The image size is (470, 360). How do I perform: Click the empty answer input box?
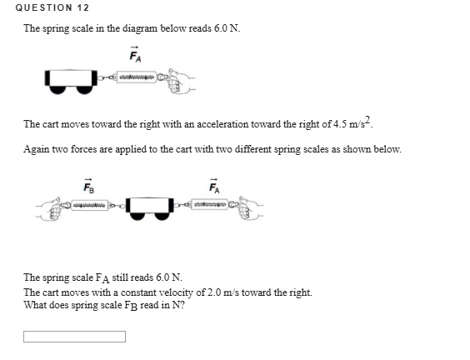click(74, 337)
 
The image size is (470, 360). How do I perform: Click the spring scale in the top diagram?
click(137, 78)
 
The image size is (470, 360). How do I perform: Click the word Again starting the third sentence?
click(37, 149)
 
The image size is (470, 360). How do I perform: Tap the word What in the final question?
click(34, 304)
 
